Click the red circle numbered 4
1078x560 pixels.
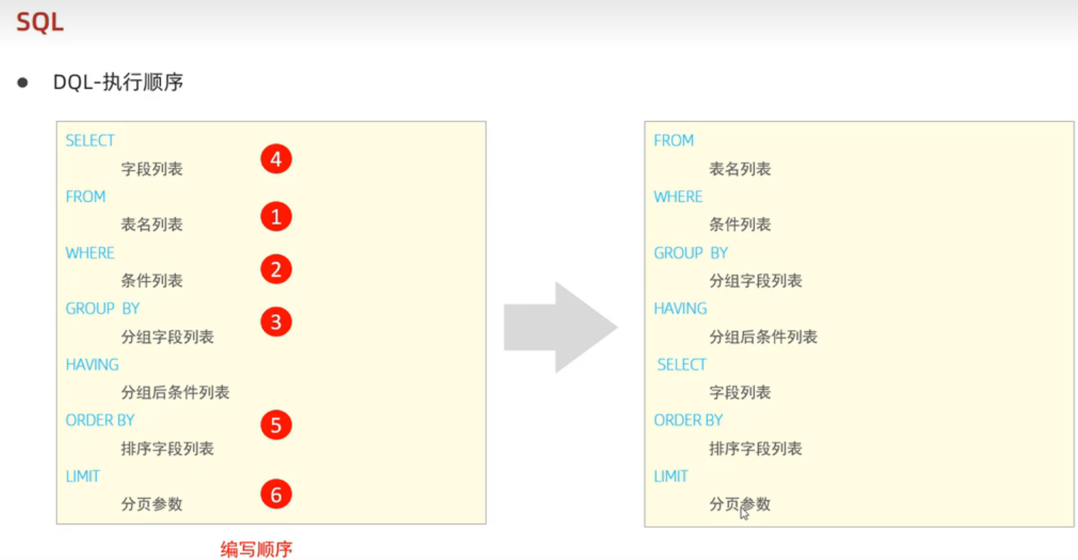[276, 159]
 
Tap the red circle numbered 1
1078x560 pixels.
[276, 216]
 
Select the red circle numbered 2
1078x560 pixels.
[276, 270]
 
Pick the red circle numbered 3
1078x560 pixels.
[276, 322]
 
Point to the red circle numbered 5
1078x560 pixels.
[276, 426]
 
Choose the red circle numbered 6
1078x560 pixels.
[276, 495]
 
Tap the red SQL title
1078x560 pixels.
[40, 22]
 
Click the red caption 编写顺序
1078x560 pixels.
[256, 549]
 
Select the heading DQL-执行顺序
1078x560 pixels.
[118, 83]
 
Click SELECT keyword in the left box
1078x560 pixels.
[90, 141]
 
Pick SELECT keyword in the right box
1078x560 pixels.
[681, 365]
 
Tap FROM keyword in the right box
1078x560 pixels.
[673, 141]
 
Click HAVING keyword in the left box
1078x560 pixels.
[92, 365]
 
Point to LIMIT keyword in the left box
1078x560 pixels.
[83, 477]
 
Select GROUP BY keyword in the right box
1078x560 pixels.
[690, 253]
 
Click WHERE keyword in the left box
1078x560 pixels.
[90, 253]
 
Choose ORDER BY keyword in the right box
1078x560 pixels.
[688, 421]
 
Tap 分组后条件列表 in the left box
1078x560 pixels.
[175, 393]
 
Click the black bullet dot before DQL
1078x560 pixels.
[23, 83]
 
